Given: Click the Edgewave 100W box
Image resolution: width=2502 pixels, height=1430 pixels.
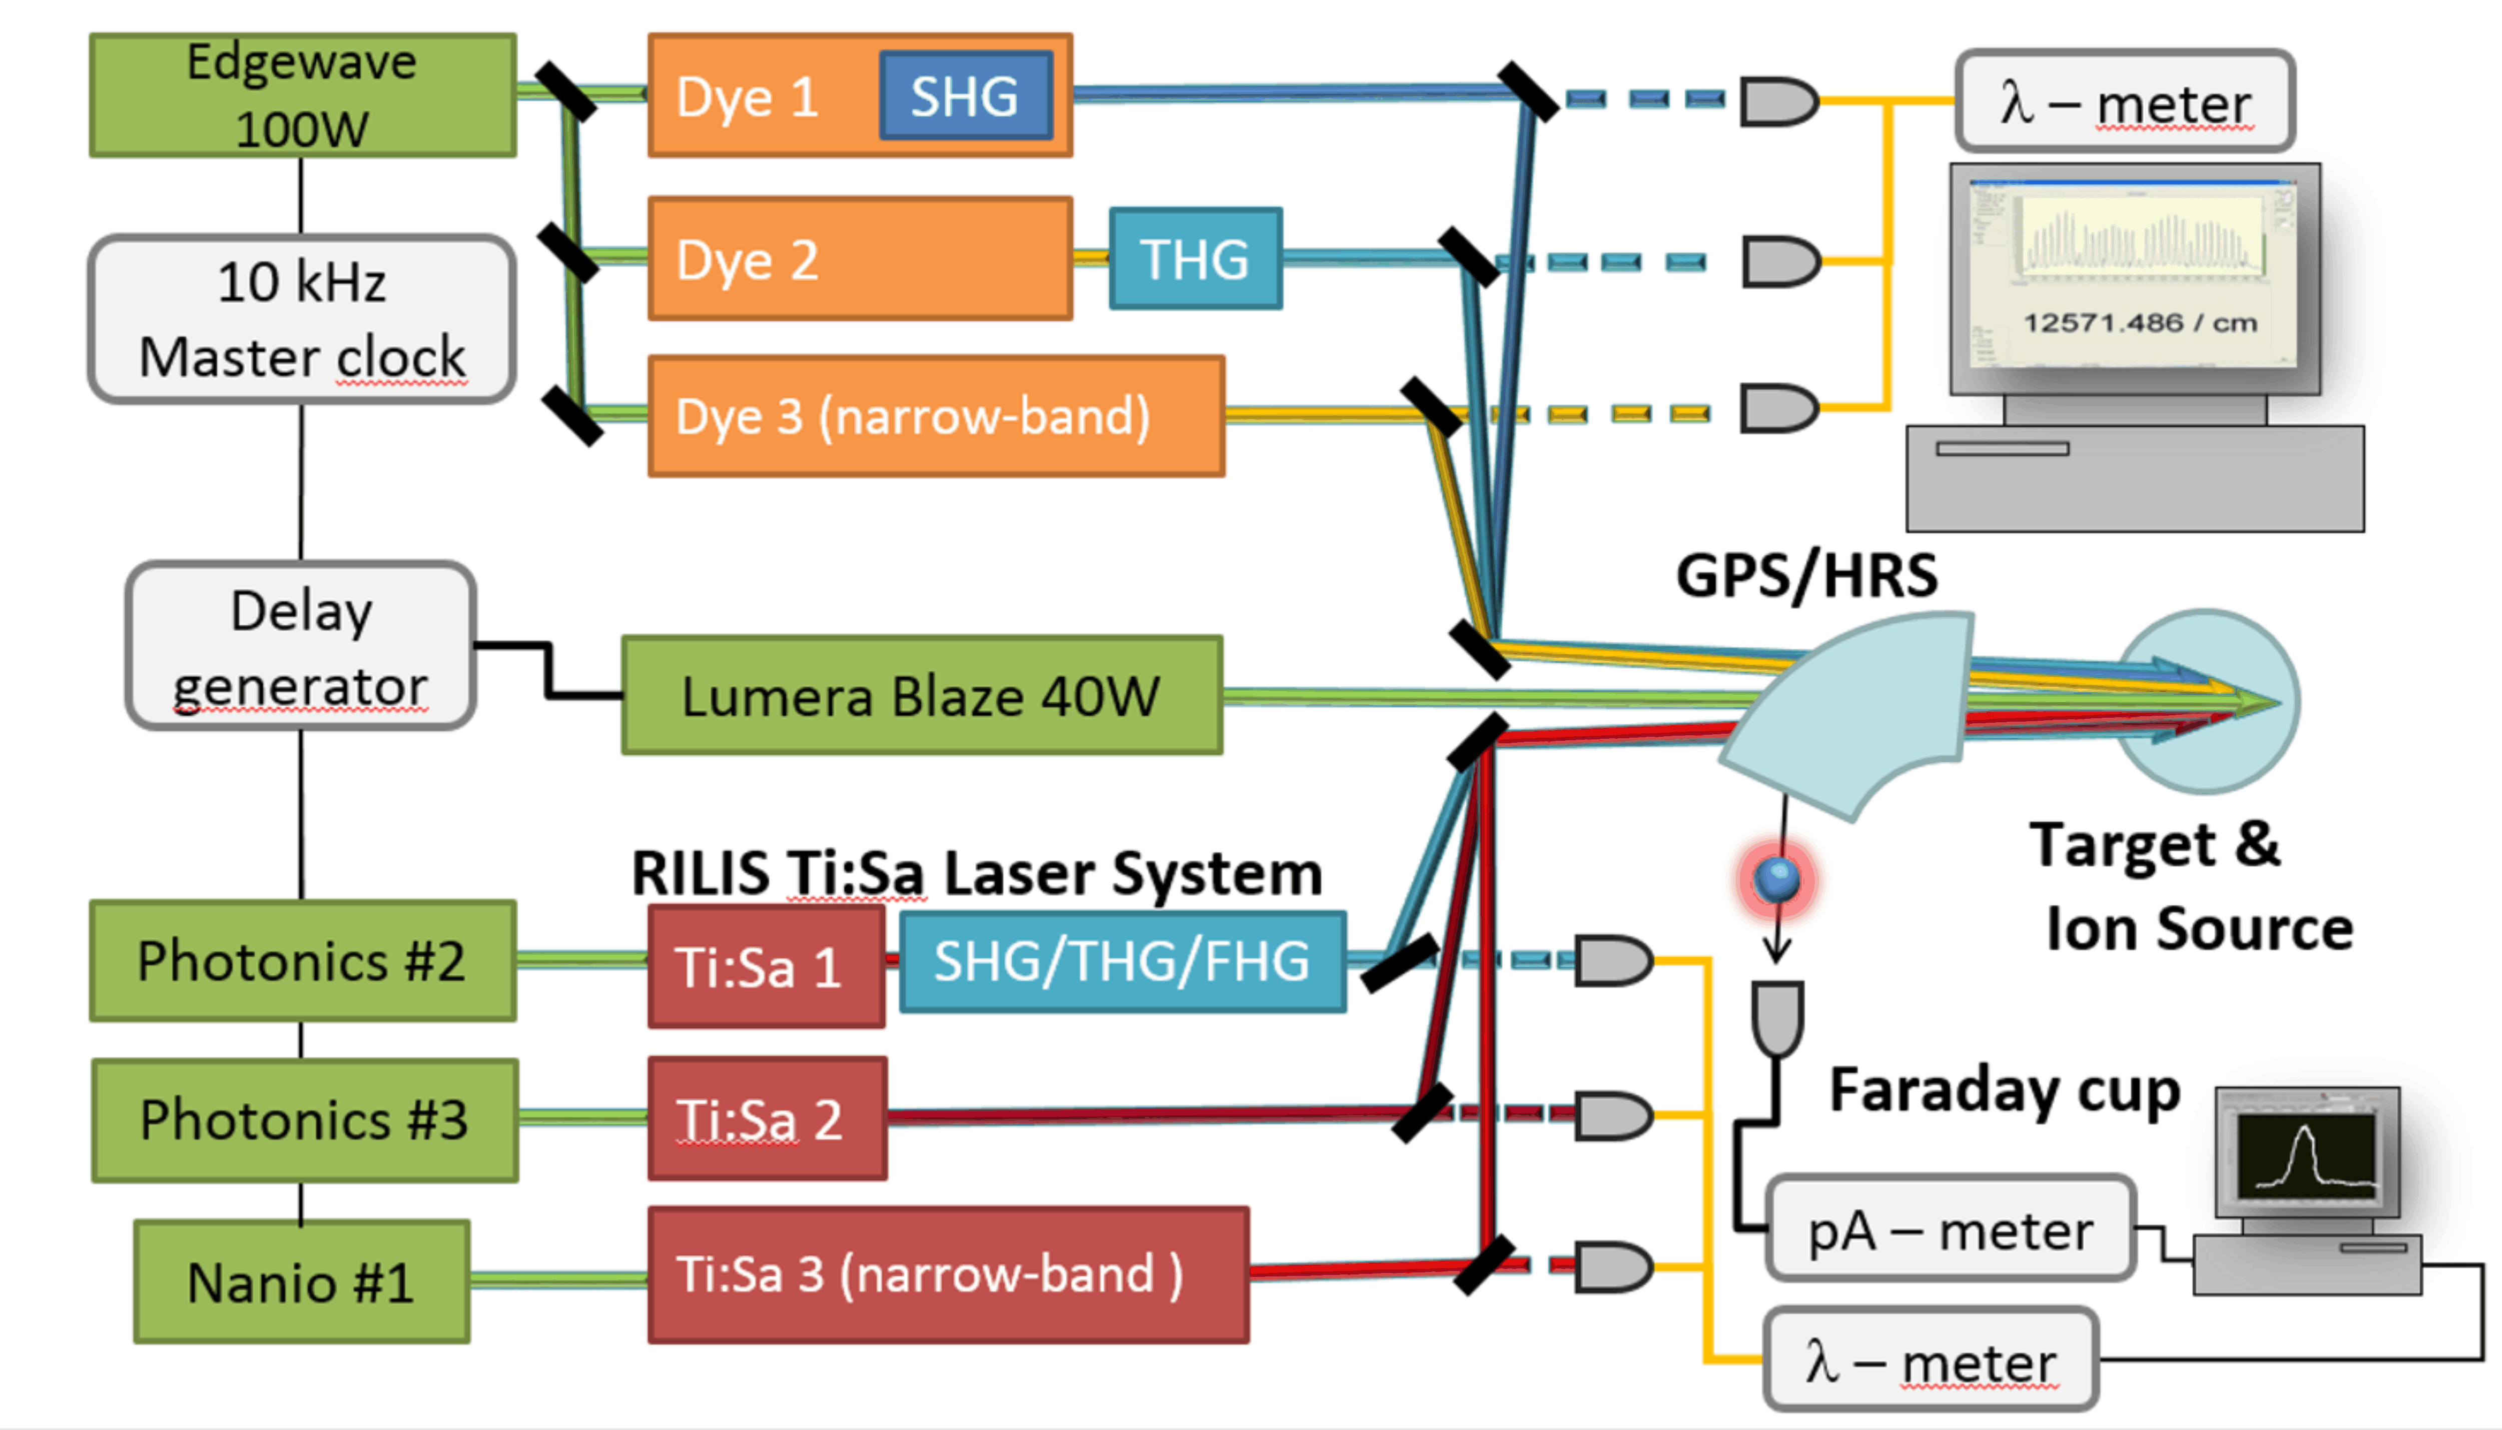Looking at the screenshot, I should tap(303, 95).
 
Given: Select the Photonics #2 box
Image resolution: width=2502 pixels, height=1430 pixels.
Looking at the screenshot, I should tap(303, 960).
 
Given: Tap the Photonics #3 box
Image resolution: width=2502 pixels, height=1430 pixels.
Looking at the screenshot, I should tap(305, 1120).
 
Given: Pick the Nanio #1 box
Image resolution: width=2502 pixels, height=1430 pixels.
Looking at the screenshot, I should tap(302, 1281).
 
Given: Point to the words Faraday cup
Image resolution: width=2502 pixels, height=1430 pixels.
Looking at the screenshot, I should tap(2004, 1090).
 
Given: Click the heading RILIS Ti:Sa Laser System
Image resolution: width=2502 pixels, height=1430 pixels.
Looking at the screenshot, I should tap(976, 873).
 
